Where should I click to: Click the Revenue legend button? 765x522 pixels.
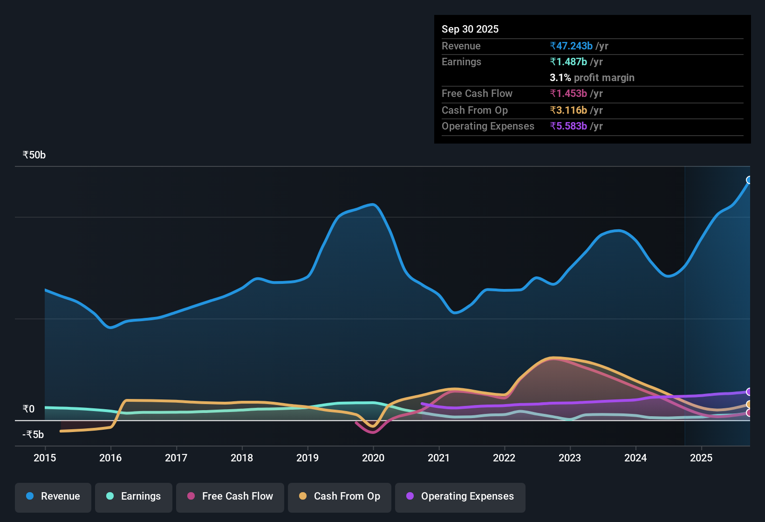pyautogui.click(x=53, y=496)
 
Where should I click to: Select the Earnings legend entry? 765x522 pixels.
pyautogui.click(x=134, y=496)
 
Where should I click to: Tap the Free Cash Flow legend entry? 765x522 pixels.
pyautogui.click(x=230, y=496)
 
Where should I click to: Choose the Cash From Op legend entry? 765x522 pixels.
pyautogui.click(x=340, y=496)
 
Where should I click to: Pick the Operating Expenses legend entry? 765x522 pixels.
pyautogui.click(x=460, y=496)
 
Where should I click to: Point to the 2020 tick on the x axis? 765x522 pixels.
pyautogui.click(x=373, y=458)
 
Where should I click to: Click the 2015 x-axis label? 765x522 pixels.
pyautogui.click(x=45, y=458)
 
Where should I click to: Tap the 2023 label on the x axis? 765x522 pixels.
pyautogui.click(x=570, y=458)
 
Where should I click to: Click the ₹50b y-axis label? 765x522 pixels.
pyautogui.click(x=34, y=155)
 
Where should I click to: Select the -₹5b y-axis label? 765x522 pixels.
pyautogui.click(x=33, y=435)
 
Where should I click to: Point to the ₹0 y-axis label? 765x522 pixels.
pyautogui.click(x=29, y=409)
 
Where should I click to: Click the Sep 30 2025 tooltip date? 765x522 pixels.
pyautogui.click(x=470, y=29)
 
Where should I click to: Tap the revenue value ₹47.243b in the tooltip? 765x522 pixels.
pyautogui.click(x=571, y=46)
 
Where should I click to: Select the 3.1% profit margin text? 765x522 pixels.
pyautogui.click(x=592, y=78)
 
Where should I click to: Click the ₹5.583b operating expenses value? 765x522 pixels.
pyautogui.click(x=568, y=126)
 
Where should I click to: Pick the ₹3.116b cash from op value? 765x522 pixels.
pyautogui.click(x=568, y=110)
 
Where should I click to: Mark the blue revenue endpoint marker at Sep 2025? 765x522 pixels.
pyautogui.click(x=749, y=180)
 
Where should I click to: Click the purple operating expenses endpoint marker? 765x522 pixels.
pyautogui.click(x=749, y=392)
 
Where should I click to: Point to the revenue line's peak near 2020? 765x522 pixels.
pyautogui.click(x=373, y=205)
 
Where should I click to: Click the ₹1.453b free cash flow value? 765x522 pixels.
pyautogui.click(x=568, y=94)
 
